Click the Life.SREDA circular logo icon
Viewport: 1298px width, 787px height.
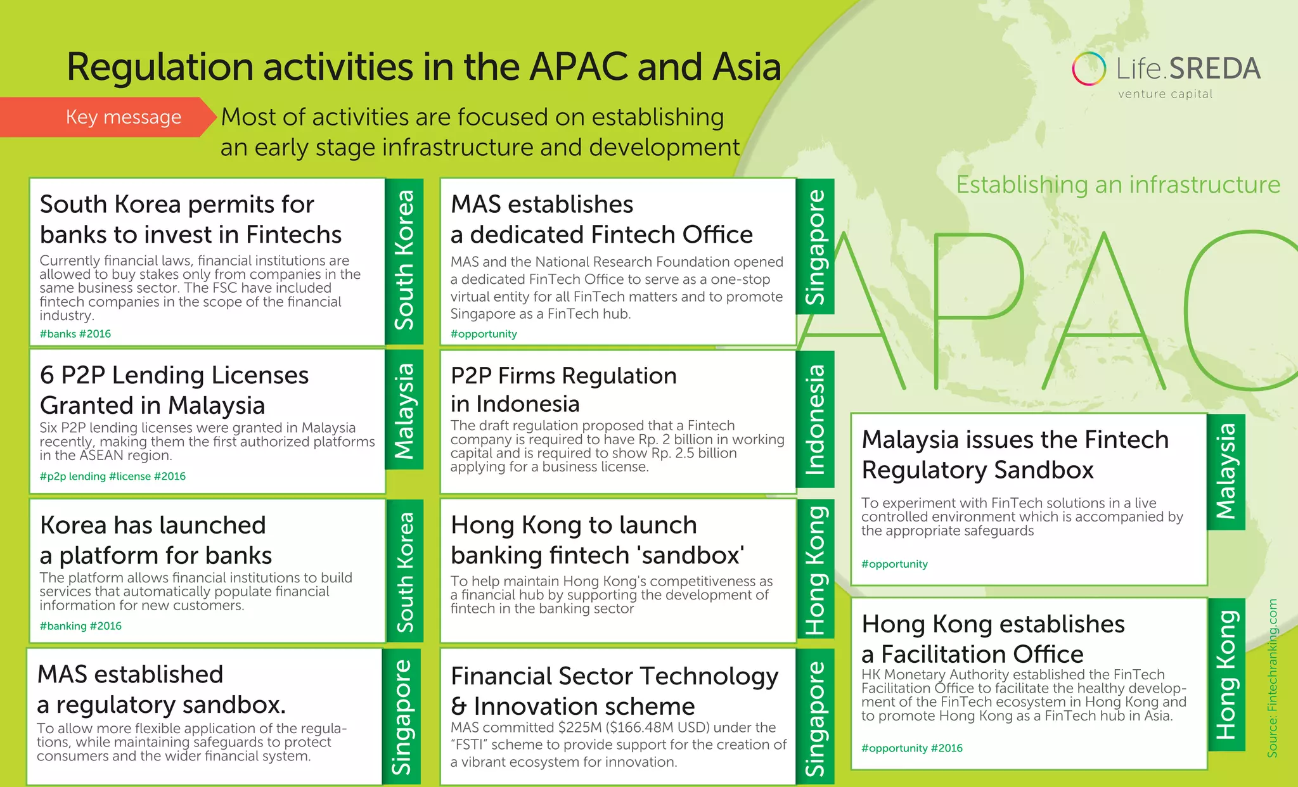[x=1089, y=68]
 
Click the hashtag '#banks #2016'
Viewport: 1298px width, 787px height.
[x=75, y=334]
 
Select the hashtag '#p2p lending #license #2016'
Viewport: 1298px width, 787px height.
[x=113, y=477]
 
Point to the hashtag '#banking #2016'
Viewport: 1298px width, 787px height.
[x=80, y=626]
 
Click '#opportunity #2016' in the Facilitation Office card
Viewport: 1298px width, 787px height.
[x=911, y=748]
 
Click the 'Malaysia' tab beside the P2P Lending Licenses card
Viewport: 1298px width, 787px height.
[x=404, y=411]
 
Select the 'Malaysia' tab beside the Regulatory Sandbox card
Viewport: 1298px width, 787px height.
[x=1226, y=471]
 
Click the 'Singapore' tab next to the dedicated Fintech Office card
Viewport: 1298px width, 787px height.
[x=815, y=247]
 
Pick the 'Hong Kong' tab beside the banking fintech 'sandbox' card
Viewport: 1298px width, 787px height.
[x=815, y=570]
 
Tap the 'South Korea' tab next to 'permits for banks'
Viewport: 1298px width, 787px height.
[x=404, y=260]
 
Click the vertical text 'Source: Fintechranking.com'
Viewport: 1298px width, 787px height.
[x=1273, y=678]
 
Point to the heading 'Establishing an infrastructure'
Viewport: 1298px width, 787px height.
[x=1118, y=184]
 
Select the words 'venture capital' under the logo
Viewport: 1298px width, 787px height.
[x=1165, y=94]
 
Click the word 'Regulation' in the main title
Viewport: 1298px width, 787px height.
[x=161, y=67]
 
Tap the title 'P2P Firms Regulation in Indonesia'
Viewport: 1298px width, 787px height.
[x=563, y=390]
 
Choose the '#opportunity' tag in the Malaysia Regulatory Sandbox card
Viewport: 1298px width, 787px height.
[x=894, y=564]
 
